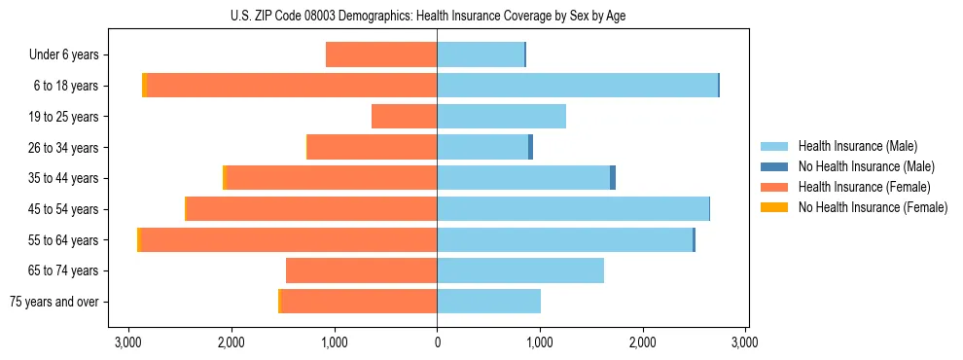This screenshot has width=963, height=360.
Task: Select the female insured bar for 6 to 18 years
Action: point(292,86)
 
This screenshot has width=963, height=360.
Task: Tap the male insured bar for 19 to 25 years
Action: point(501,117)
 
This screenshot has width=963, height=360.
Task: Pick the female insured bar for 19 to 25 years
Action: point(405,117)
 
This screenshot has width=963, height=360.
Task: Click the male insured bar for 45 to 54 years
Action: point(573,209)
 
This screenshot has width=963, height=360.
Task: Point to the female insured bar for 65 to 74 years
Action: point(362,270)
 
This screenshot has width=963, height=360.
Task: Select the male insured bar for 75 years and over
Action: point(488,302)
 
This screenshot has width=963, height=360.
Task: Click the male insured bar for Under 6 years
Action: point(481,54)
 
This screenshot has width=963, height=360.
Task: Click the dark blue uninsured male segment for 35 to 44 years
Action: point(613,178)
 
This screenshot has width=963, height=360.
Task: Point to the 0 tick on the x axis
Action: point(437,342)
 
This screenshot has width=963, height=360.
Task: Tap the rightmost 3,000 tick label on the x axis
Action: point(745,342)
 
